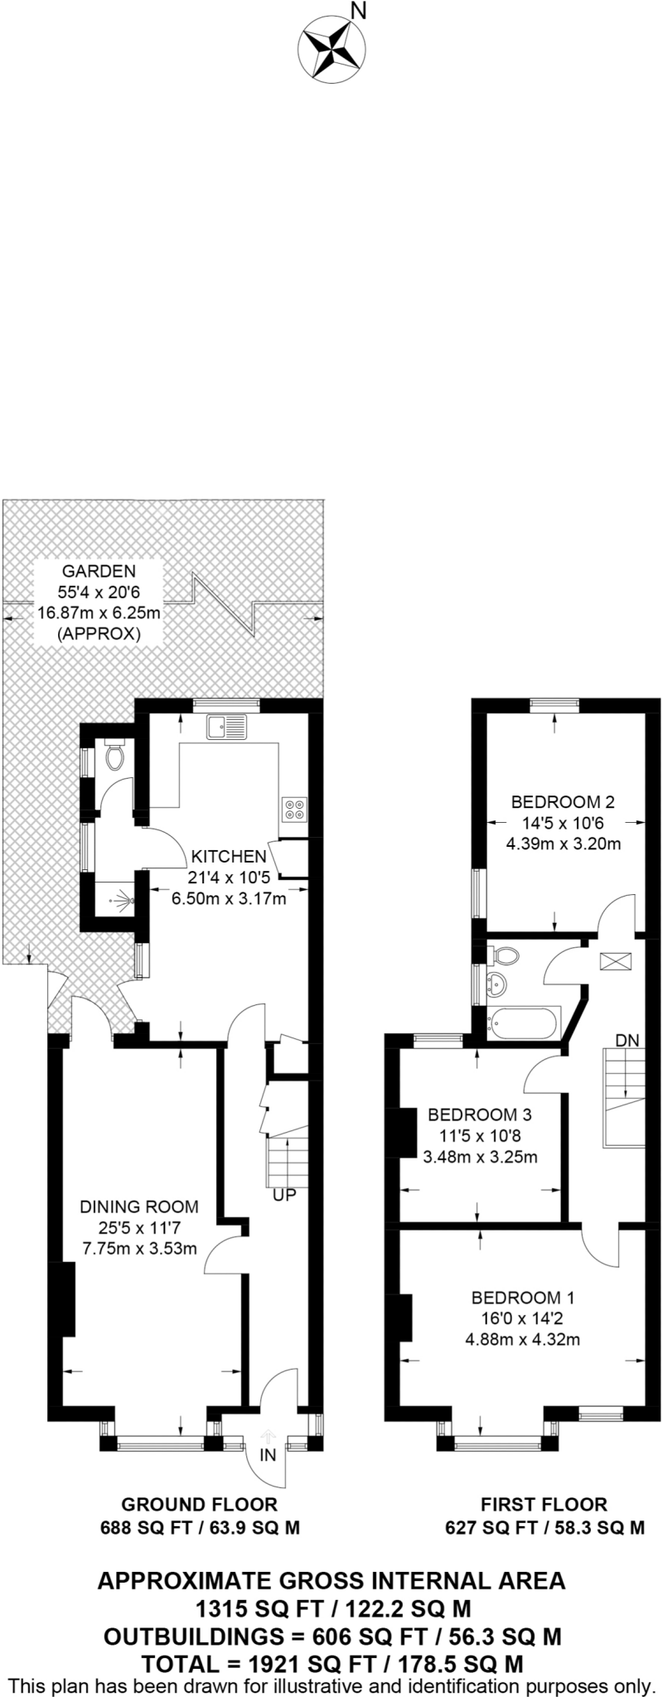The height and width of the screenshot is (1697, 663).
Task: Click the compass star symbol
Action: [331, 47]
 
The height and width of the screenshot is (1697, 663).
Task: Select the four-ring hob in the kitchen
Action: [294, 809]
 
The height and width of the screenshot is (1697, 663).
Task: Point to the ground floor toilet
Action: [114, 756]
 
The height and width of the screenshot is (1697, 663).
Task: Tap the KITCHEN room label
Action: [229, 857]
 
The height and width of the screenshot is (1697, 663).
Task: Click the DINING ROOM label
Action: [139, 1206]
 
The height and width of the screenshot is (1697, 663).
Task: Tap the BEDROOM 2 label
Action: [563, 802]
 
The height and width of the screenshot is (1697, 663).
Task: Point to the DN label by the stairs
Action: [627, 1041]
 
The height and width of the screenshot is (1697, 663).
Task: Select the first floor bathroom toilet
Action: [505, 956]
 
